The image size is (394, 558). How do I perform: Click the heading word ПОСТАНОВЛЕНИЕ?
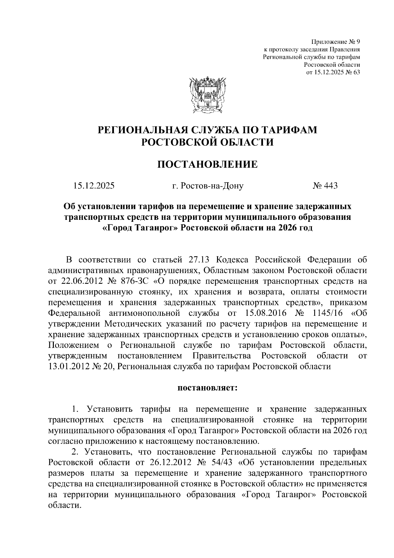[x=207, y=164]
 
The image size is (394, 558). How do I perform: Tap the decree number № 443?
[x=325, y=186]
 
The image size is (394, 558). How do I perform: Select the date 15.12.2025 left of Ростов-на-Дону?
[x=94, y=186]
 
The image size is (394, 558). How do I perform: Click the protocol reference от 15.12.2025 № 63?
[x=333, y=72]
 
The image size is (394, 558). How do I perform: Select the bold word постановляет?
[x=207, y=388]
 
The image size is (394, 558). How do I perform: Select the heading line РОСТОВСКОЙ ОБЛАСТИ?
[x=207, y=142]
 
